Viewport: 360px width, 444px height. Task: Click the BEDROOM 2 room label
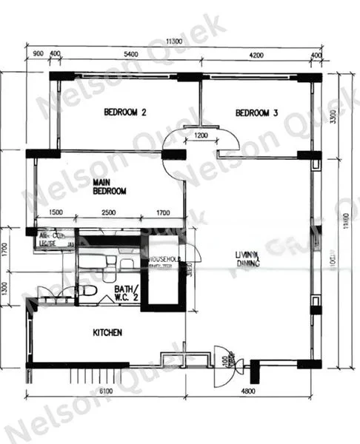[124, 112]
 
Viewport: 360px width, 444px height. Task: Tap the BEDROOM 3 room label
[256, 113]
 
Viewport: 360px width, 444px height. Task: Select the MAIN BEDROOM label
[110, 186]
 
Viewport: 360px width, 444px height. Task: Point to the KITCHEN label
[107, 333]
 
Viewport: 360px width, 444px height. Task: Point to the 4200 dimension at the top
[256, 55]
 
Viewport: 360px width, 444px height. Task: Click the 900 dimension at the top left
[38, 55]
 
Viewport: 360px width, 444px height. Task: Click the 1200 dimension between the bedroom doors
[201, 135]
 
